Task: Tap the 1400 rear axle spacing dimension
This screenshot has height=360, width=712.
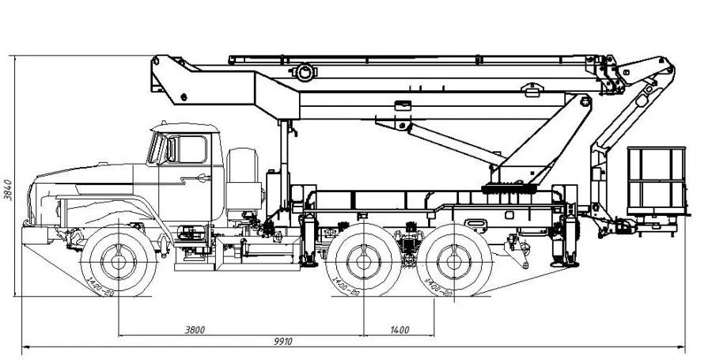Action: (x=399, y=329)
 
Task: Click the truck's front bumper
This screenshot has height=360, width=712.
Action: (x=33, y=234)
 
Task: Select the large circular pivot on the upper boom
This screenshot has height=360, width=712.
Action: (x=305, y=73)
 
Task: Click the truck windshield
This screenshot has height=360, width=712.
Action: (x=157, y=148)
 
